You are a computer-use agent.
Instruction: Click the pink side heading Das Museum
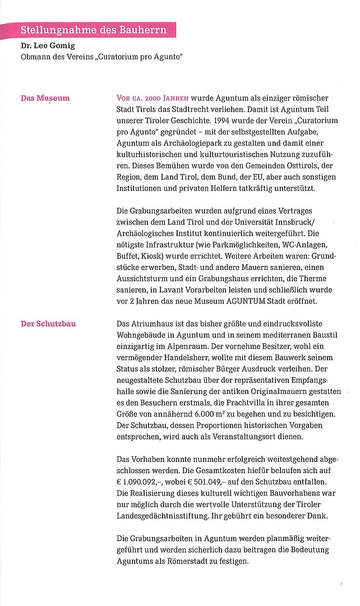(x=45, y=98)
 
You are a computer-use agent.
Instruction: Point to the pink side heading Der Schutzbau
(x=48, y=324)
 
